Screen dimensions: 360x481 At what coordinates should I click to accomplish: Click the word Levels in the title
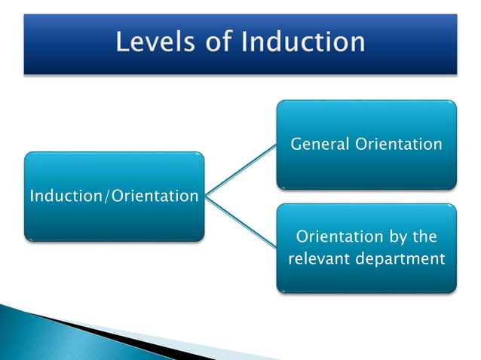[x=155, y=41]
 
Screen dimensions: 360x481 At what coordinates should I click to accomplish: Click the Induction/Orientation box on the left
[x=114, y=197]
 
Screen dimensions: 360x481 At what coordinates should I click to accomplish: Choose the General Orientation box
[x=366, y=144]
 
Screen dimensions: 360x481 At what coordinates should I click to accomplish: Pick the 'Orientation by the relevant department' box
[x=366, y=248]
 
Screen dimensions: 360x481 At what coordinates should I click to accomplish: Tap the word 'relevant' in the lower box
[x=317, y=260]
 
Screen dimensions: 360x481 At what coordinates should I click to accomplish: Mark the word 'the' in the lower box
[x=424, y=236]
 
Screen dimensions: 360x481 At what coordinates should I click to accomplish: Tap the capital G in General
[x=296, y=144]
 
